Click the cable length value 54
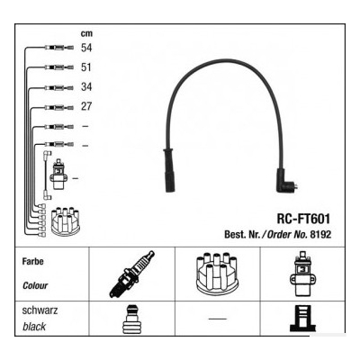pyautogui.click(x=86, y=48)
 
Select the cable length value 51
pyautogui.click(x=86, y=67)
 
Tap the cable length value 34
pyautogui.click(x=86, y=86)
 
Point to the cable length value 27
pyautogui.click(x=86, y=106)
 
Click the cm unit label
pyautogui.click(x=86, y=33)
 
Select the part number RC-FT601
pyautogui.click(x=303, y=219)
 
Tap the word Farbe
pyautogui.click(x=32, y=261)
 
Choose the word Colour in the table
pyautogui.click(x=35, y=285)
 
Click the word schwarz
pyautogui.click(x=40, y=310)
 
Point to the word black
pyautogui.click(x=34, y=327)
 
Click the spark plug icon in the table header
pyautogui.click(x=132, y=274)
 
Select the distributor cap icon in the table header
pyautogui.click(x=217, y=273)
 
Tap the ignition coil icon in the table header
pyautogui.click(x=302, y=274)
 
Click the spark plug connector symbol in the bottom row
pyautogui.click(x=131, y=319)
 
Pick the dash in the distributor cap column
pyautogui.click(x=218, y=319)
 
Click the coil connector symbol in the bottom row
pyautogui.click(x=302, y=319)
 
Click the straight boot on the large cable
pyautogui.click(x=168, y=170)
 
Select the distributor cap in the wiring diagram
pyautogui.click(x=66, y=220)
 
